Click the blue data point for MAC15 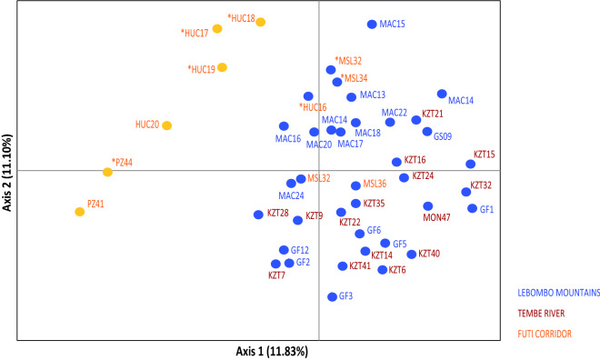tap(372, 25)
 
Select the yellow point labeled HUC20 tap(166, 125)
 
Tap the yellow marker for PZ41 tap(80, 212)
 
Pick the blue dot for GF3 tap(333, 296)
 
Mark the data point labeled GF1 tap(472, 209)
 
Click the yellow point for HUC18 tap(261, 22)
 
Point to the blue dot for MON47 tap(427, 206)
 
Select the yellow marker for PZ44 tap(107, 172)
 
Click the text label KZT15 tap(484, 155)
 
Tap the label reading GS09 tap(443, 137)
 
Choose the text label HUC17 tap(195, 33)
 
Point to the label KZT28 tap(278, 214)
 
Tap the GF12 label tap(300, 250)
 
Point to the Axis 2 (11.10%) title tap(8, 171)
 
